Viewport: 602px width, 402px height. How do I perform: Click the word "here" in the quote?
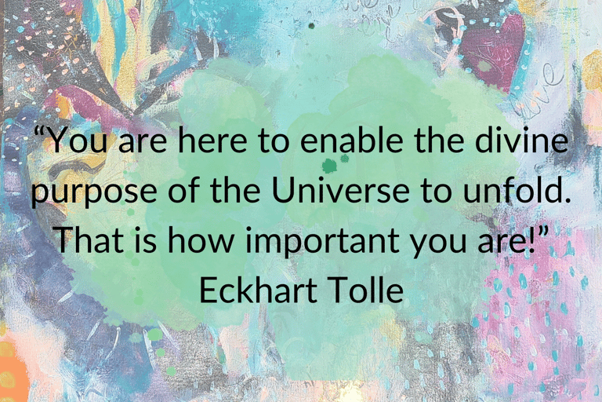point(212,141)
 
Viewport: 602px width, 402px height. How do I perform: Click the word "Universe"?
point(340,190)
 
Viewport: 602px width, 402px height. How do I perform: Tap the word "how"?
point(201,239)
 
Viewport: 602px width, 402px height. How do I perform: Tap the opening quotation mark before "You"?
point(40,132)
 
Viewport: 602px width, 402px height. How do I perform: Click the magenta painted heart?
point(492,53)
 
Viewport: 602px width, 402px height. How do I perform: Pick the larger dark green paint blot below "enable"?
point(329,166)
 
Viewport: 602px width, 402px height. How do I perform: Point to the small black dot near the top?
point(311,26)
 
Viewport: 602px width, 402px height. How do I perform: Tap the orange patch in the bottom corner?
point(13,368)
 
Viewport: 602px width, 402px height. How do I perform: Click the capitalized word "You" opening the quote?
point(78,141)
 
